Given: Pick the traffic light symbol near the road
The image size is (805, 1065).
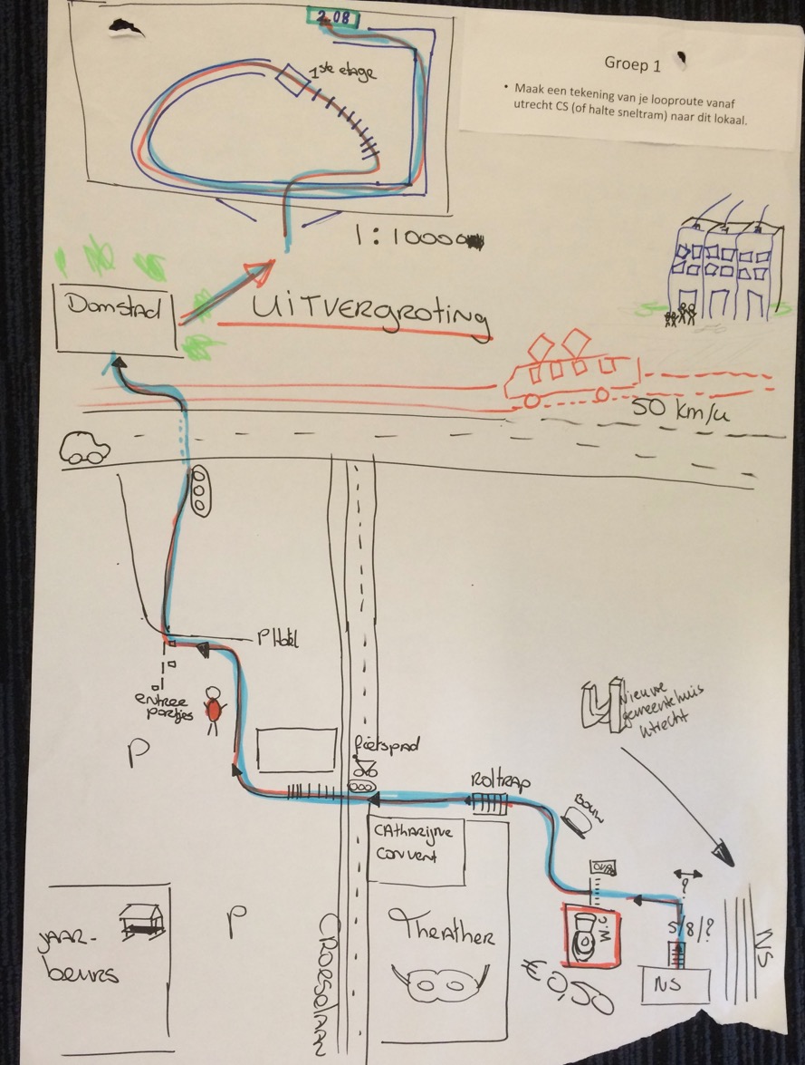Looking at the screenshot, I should coord(200,492).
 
